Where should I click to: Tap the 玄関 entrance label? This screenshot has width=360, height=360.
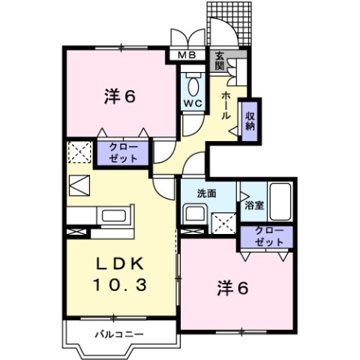click(220, 59)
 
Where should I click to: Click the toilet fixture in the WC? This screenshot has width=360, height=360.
click(191, 81)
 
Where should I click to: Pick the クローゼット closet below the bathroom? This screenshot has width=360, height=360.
click(268, 237)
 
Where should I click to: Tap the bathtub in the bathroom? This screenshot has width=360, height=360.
click(282, 201)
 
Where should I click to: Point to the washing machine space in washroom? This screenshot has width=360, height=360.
click(223, 223)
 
